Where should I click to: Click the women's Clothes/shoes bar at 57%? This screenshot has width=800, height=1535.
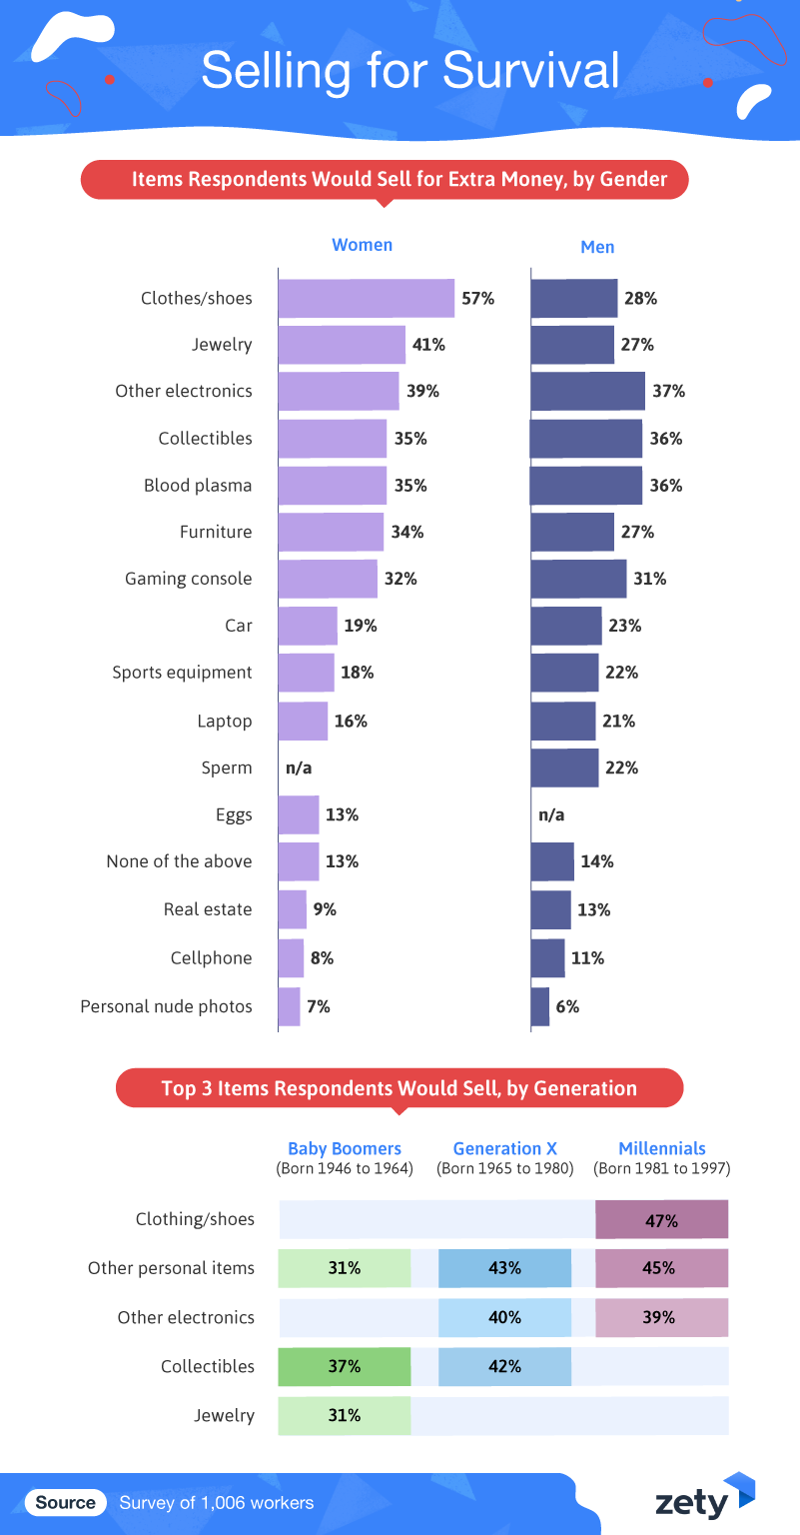(366, 298)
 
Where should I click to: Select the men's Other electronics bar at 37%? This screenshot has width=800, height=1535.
(587, 391)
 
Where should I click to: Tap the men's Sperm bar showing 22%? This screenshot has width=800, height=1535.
(564, 767)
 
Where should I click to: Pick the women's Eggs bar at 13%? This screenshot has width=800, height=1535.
(299, 814)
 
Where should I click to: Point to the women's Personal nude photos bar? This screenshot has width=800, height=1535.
(289, 1006)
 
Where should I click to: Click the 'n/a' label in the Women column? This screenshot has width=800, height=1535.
(299, 767)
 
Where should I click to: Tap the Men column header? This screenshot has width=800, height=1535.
(597, 247)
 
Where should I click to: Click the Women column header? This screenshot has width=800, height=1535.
(362, 245)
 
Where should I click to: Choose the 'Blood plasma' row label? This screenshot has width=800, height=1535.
(198, 486)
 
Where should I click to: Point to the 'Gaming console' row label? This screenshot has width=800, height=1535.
(189, 579)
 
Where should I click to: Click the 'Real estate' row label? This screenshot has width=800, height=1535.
(208, 909)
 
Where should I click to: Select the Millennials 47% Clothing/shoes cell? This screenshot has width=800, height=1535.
(661, 1220)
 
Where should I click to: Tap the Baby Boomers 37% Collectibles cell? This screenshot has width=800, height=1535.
(345, 1366)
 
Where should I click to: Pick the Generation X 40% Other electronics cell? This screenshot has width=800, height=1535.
(504, 1317)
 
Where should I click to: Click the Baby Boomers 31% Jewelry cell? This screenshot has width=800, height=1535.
(345, 1415)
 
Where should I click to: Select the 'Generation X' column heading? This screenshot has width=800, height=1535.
(504, 1148)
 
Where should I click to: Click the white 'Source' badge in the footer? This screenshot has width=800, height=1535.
(66, 1502)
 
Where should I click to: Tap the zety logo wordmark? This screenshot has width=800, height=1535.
(691, 1502)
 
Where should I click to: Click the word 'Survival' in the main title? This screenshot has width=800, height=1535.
(530, 71)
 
